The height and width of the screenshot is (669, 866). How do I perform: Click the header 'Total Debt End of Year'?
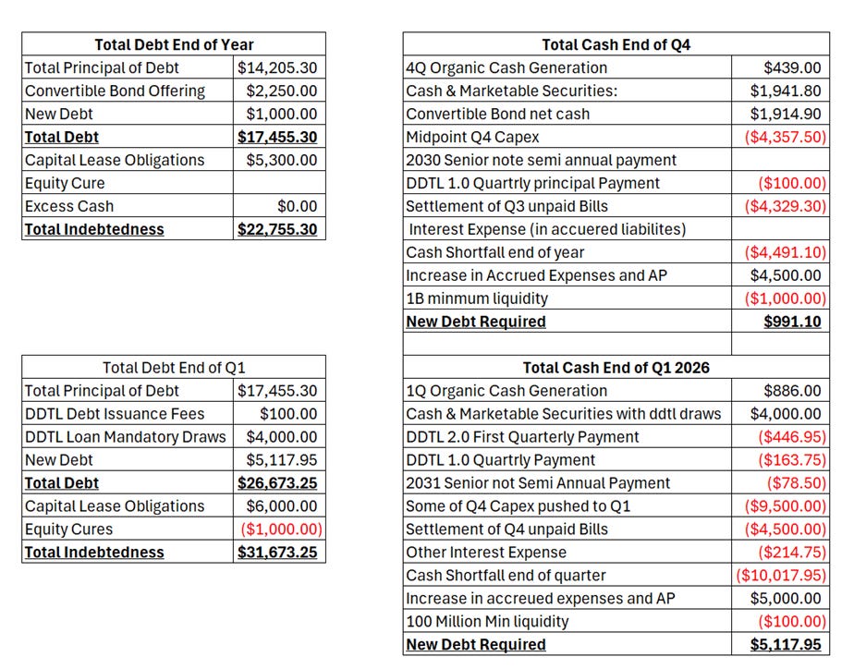[x=174, y=44]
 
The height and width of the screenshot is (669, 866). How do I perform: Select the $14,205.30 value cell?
[x=277, y=67]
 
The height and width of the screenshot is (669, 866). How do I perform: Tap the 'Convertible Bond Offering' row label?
[x=116, y=91]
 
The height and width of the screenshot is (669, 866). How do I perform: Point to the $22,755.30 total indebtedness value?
[x=277, y=229]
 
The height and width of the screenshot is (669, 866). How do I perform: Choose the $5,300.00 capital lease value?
[x=281, y=160]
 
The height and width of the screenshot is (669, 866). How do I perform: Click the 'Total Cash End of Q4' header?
[x=616, y=44]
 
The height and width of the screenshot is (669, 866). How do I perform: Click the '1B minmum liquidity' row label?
[x=476, y=298]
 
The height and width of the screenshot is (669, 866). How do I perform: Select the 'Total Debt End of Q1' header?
[x=174, y=367]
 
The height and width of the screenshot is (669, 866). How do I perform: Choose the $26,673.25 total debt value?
[x=277, y=482]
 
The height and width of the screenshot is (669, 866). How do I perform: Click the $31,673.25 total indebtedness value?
[x=277, y=552]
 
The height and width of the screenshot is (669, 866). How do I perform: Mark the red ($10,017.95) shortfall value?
[x=780, y=575]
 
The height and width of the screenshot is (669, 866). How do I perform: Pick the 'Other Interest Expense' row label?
[x=486, y=552]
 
